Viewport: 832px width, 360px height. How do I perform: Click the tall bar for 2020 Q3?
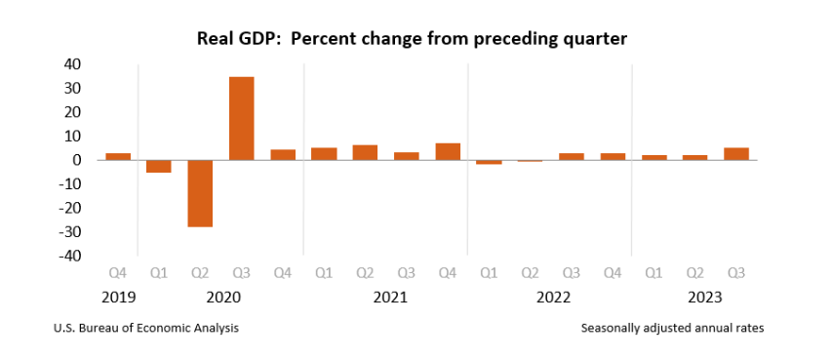click(242, 118)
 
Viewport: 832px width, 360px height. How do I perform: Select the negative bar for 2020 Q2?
click(200, 193)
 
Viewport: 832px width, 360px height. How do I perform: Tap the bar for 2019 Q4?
click(118, 157)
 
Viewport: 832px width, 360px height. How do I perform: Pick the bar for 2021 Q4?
click(448, 151)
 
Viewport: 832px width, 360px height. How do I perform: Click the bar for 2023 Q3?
click(736, 154)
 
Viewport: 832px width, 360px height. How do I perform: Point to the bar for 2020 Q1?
click(159, 166)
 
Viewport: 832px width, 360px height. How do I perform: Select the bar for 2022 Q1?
click(489, 162)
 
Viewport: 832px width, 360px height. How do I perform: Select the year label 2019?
click(118, 298)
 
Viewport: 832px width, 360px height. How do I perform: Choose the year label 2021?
click(390, 298)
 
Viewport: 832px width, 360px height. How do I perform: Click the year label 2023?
click(704, 298)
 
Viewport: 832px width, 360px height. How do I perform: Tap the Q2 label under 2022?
click(530, 273)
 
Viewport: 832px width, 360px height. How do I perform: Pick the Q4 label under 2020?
click(283, 273)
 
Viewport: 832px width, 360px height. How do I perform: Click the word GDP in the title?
click(261, 39)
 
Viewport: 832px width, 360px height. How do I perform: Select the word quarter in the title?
click(598, 40)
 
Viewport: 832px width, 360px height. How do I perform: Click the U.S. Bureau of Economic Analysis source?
click(146, 328)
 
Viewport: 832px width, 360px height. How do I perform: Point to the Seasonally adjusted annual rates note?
click(673, 329)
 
